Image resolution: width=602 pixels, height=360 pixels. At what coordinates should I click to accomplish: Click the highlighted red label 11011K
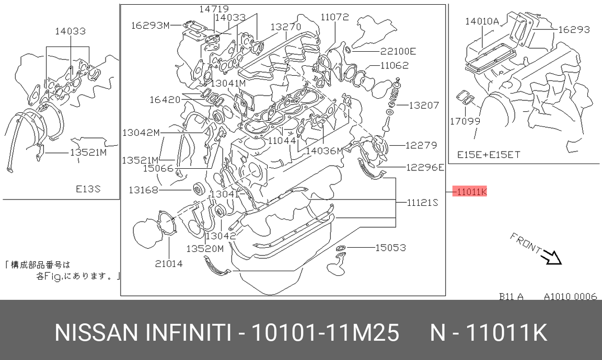[x=470, y=191]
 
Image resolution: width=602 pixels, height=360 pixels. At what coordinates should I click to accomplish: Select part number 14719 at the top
[x=214, y=8]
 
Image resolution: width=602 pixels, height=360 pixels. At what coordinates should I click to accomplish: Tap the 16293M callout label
[x=150, y=25]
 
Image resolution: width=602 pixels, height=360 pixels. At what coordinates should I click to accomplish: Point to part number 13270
[x=286, y=27]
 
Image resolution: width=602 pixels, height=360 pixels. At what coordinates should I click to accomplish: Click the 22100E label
[x=398, y=51]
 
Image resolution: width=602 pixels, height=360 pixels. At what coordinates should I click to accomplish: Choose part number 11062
[x=395, y=65]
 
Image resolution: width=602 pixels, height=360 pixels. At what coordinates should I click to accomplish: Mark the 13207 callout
[x=423, y=105]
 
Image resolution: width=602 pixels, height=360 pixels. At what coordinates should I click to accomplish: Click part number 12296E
[x=425, y=167]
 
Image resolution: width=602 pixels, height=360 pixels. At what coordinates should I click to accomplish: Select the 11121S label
[x=422, y=202]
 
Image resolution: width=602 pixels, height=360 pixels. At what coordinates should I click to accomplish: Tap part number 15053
[x=390, y=248]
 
